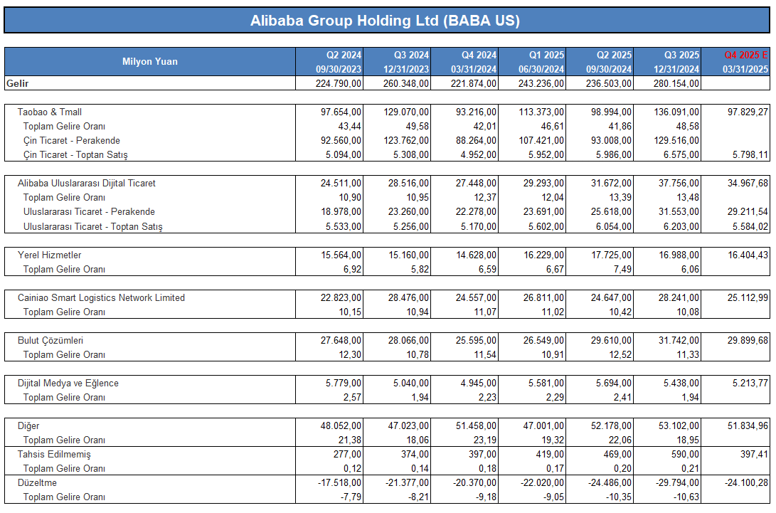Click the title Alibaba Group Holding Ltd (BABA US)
pyautogui.click(x=385, y=21)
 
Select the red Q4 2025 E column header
pyautogui.click(x=746, y=55)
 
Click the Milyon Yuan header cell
pyautogui.click(x=150, y=61)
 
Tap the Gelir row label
pyautogui.click(x=17, y=83)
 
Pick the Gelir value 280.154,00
pyautogui.click(x=676, y=83)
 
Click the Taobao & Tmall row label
pyautogui.click(x=50, y=112)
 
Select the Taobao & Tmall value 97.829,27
pyautogui.click(x=748, y=112)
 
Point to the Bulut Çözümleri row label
pyautogui.click(x=50, y=340)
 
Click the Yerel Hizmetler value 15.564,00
pyautogui.click(x=341, y=255)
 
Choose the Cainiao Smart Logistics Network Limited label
pyautogui.click(x=101, y=297)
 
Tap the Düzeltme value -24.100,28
pyautogui.click(x=746, y=483)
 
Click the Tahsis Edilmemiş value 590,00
pyautogui.click(x=685, y=454)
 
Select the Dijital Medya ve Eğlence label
pyautogui.click(x=68, y=384)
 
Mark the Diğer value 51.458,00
pyautogui.click(x=476, y=426)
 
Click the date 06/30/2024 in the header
pyautogui.click(x=541, y=69)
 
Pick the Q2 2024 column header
pyautogui.click(x=344, y=55)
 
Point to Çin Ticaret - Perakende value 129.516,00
pyautogui.click(x=676, y=141)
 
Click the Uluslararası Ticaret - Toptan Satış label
pyautogui.click(x=92, y=226)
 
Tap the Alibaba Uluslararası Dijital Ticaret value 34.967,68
pyautogui.click(x=748, y=184)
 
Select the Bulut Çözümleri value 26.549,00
pyautogui.click(x=543, y=340)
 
